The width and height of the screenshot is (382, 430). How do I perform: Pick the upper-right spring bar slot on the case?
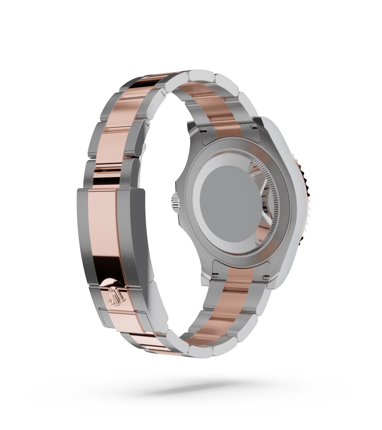coord(254,126)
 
